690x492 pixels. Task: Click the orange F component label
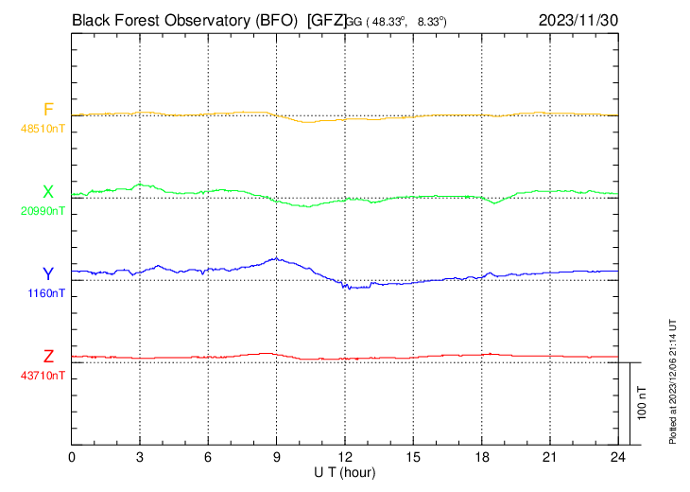48,109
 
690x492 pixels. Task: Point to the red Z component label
48,357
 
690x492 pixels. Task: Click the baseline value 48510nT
43,128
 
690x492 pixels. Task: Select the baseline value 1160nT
46,293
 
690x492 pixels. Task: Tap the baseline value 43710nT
43,376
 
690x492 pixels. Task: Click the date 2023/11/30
578,19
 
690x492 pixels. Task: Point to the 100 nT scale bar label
642,403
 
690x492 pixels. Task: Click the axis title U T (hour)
345,471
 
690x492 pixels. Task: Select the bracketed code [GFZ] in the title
326,19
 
